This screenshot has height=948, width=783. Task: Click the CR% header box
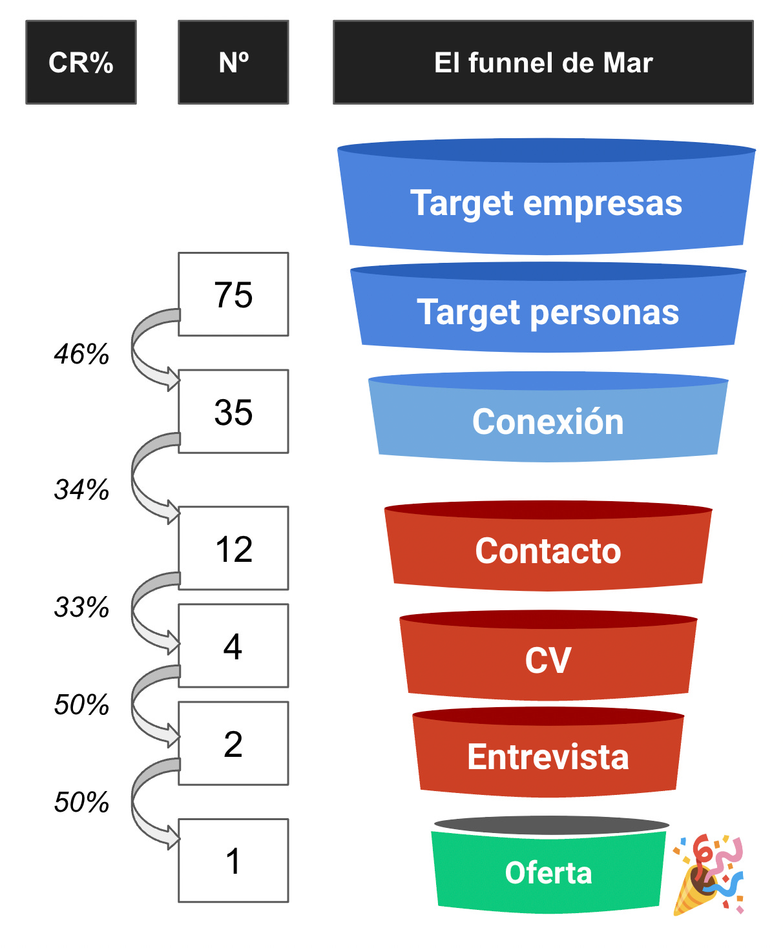[81, 63]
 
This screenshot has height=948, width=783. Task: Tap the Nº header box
[233, 63]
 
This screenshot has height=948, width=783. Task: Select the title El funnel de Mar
[543, 63]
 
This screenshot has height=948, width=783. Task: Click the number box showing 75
[233, 294]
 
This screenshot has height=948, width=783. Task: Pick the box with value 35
[233, 411]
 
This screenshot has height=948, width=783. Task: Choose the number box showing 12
[233, 548]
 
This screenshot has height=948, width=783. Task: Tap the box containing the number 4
[233, 646]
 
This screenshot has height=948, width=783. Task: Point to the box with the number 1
[233, 860]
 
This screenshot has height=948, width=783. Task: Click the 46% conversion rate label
[81, 354]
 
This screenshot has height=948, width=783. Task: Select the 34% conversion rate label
[81, 489]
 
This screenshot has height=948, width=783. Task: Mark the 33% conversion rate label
[81, 607]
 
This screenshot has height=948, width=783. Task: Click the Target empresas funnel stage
[546, 203]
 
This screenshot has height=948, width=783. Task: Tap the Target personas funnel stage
[548, 313]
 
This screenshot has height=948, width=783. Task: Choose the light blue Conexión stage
[548, 422]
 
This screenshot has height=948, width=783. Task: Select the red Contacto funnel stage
[548, 551]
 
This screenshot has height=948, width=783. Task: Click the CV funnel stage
[548, 660]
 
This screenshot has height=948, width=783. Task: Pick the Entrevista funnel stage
[548, 757]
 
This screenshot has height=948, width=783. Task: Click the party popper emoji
[708, 874]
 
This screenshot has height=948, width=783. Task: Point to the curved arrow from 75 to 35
[145, 349]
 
